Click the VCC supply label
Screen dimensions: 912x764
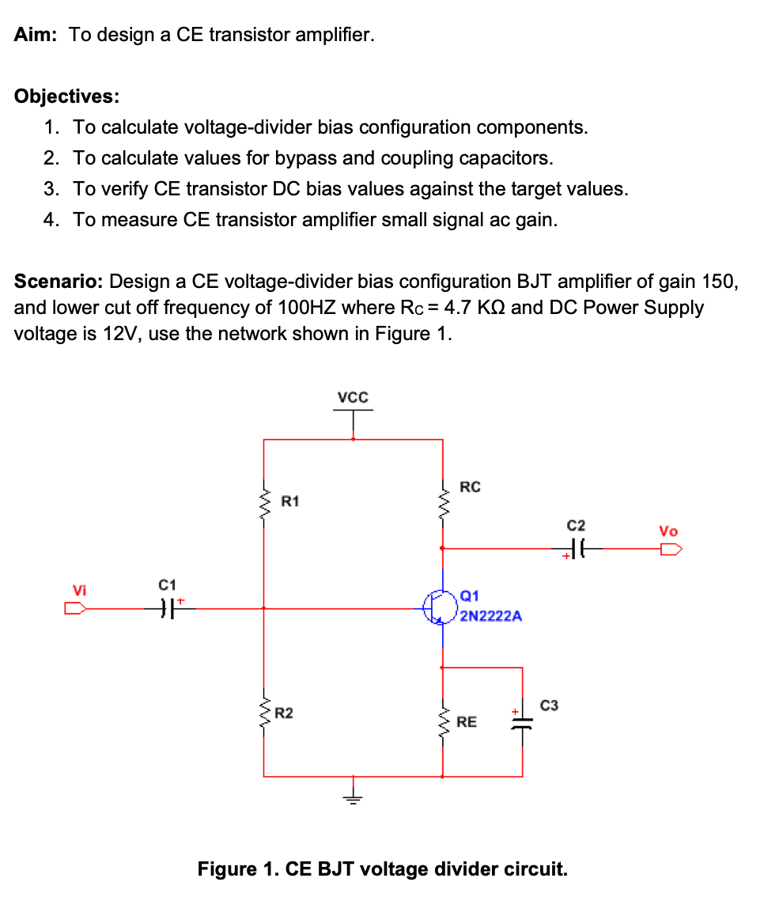(353, 397)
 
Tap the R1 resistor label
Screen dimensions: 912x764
(290, 501)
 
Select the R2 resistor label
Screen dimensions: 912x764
(283, 713)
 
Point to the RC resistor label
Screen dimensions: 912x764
(470, 487)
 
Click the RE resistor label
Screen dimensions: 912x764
(467, 721)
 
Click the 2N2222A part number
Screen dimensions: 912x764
(490, 615)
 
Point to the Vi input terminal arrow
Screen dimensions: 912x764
(76, 608)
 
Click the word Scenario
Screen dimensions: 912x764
(58, 282)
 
